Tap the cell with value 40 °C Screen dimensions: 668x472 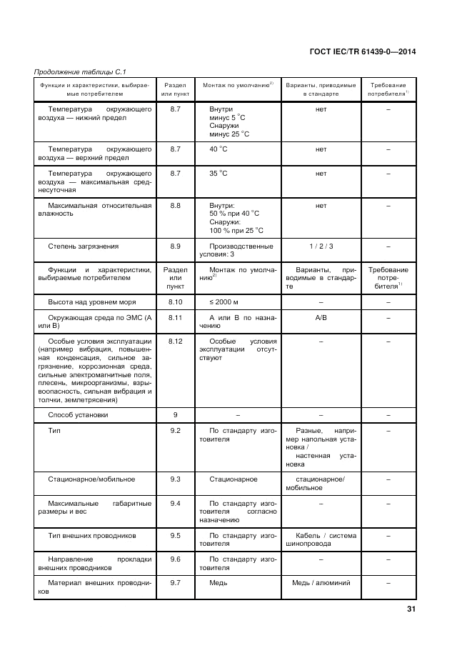(219, 149)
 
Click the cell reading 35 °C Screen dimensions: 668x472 (219, 173)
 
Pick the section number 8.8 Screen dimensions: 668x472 (176, 205)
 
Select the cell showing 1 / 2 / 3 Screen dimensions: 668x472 (321, 246)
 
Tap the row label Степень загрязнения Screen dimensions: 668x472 (83, 246)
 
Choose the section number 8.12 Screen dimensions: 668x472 (176, 341)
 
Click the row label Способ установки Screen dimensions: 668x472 (78, 414)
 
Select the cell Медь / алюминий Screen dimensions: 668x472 (321, 582)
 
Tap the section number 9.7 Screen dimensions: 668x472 (176, 582)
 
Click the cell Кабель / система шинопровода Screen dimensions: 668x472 (321, 539)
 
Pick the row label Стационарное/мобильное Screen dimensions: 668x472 (91, 479)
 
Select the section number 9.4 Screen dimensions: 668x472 (176, 503)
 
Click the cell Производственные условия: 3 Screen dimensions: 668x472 (241, 250)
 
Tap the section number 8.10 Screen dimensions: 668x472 (176, 303)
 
